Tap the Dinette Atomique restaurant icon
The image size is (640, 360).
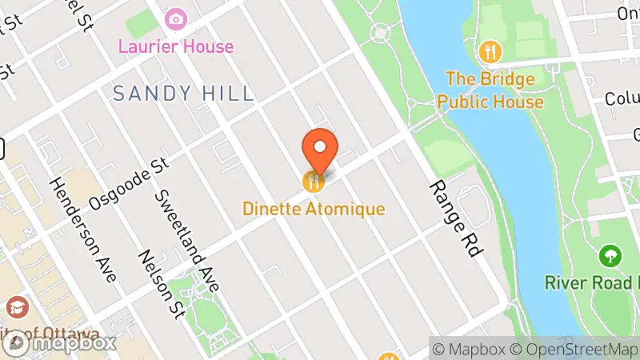(313, 182)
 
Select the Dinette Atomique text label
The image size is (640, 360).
(314, 210)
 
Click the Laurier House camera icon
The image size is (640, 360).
(175, 18)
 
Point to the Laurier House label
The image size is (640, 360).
(176, 46)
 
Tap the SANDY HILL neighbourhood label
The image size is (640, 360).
(183, 94)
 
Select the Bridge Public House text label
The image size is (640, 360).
(494, 90)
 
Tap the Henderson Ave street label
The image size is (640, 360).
(82, 228)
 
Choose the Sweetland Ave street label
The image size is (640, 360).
(187, 241)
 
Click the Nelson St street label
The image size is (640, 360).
(160, 282)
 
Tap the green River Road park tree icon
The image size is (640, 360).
(610, 257)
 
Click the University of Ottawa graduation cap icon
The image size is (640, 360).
(16, 307)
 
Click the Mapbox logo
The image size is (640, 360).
(60, 343)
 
